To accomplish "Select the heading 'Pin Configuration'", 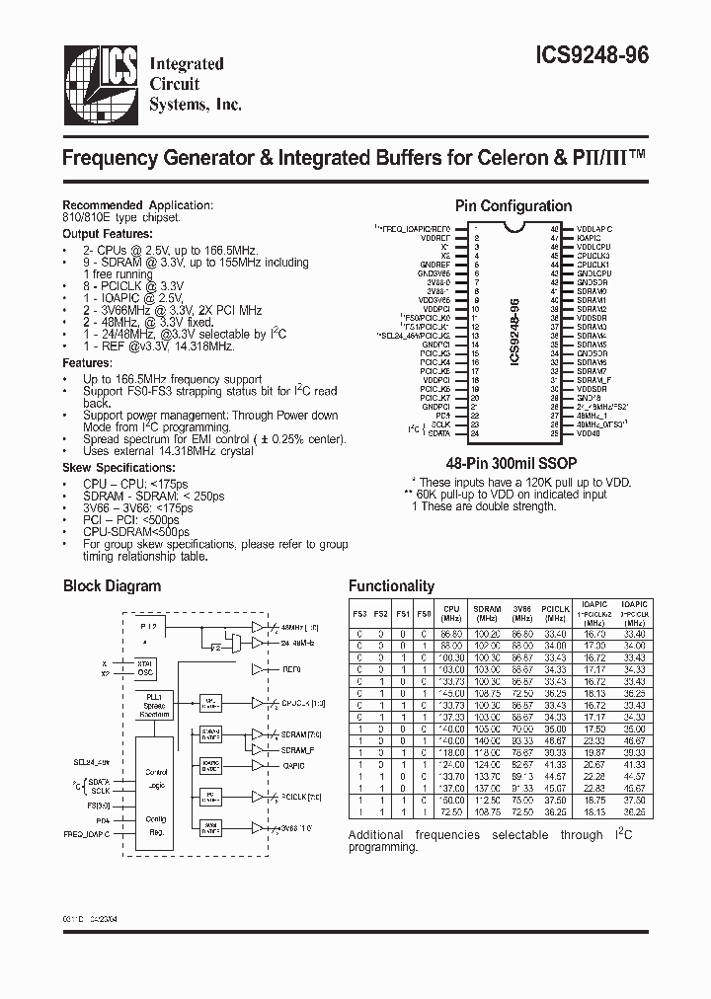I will [513, 206].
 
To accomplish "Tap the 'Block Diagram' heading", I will [112, 585].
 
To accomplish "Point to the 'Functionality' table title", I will [391, 586].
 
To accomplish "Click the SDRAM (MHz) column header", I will [487, 613].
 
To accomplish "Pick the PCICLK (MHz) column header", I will [556, 613].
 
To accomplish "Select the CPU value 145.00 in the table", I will [451, 694].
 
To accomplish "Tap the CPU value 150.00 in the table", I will [451, 801].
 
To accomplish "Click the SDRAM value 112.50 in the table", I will [487, 801].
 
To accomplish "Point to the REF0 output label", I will [292, 668].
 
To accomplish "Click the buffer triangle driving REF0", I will [259, 668].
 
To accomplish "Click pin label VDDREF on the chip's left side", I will [435, 238].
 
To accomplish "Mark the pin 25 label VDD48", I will [589, 432].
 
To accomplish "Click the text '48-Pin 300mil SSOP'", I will [513, 461].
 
